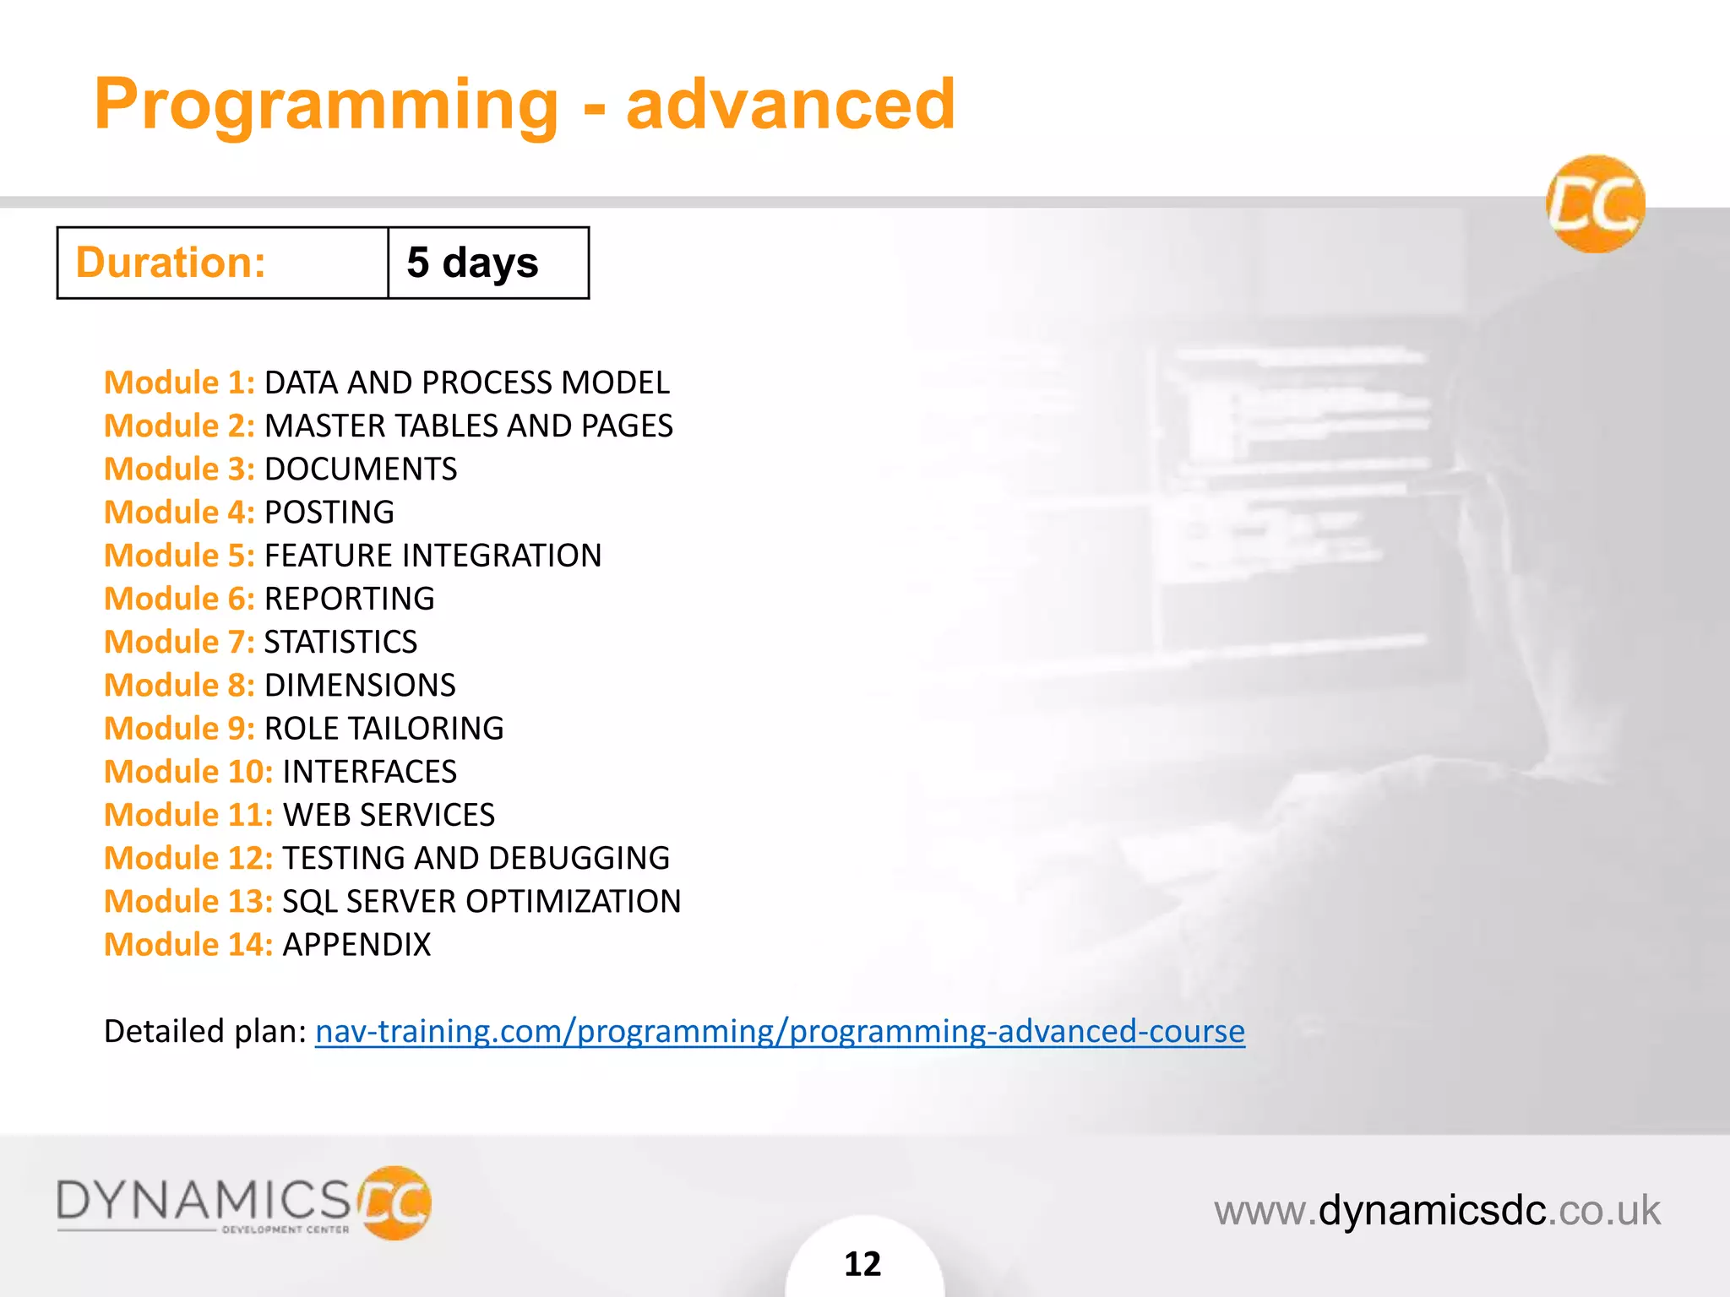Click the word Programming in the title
click(326, 105)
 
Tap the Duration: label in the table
click(171, 263)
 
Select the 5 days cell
click(473, 263)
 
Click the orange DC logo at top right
click(1595, 204)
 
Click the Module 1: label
click(179, 383)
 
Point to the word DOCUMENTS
click(361, 469)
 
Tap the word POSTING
click(329, 513)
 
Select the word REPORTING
click(350, 599)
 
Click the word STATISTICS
click(340, 642)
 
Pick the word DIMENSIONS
click(360, 685)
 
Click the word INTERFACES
click(369, 772)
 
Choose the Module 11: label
click(188, 815)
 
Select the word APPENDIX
click(356, 945)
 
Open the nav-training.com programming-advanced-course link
click(780, 1031)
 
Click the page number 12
click(862, 1264)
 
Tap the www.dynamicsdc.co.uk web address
click(1437, 1210)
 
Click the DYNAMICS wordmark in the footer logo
click(204, 1200)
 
